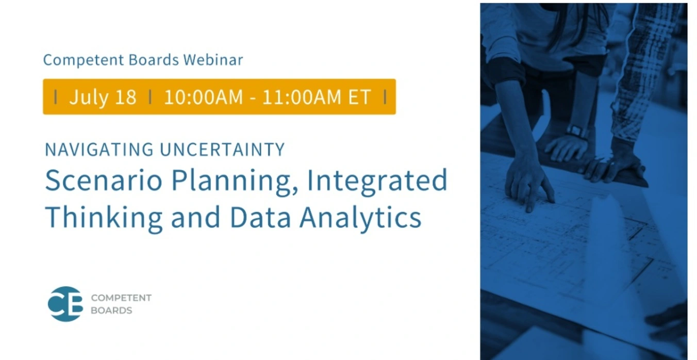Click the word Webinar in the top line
213,60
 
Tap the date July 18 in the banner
103,97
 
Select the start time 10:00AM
203,97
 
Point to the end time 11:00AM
302,97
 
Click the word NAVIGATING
99,150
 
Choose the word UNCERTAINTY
223,150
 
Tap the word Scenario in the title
104,181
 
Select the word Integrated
377,183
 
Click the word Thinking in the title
104,219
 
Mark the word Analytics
360,219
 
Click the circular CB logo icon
65,304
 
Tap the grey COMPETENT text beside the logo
121,298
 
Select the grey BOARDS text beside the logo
111,310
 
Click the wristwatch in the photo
576,131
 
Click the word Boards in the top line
154,60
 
